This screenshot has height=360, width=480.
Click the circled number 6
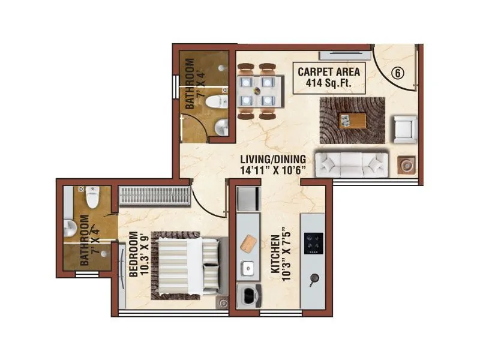click(397, 73)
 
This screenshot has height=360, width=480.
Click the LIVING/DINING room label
click(273, 164)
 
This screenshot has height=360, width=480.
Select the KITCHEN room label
click(280, 250)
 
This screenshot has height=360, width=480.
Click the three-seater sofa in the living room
click(352, 163)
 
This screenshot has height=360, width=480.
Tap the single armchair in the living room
click(404, 128)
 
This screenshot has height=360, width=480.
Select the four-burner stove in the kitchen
click(313, 243)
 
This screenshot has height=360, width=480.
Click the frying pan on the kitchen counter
click(313, 278)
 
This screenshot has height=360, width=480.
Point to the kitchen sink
click(247, 268)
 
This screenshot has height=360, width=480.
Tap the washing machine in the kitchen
click(248, 296)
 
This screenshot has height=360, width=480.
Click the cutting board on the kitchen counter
click(248, 244)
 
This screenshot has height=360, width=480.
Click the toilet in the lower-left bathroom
click(92, 194)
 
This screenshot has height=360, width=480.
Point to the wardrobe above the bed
click(154, 196)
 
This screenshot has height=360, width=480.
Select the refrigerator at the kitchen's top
click(247, 198)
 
